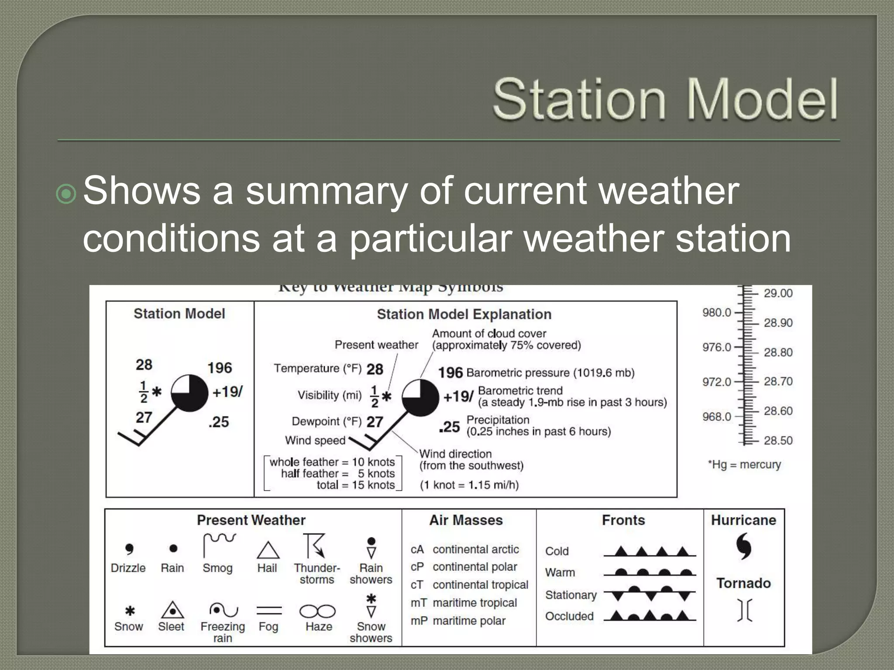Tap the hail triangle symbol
(x=268, y=550)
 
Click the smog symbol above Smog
(x=219, y=544)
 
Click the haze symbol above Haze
(x=317, y=611)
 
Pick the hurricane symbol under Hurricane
(x=744, y=546)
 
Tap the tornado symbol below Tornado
(x=745, y=609)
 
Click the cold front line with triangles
(x=650, y=552)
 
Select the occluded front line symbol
(x=650, y=616)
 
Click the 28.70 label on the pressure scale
(x=778, y=382)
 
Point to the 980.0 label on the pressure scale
(x=716, y=312)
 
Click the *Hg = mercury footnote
(x=744, y=465)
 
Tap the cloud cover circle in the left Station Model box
(x=189, y=393)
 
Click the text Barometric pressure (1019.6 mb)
(x=550, y=373)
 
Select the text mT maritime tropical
(x=464, y=603)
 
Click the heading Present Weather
(x=251, y=520)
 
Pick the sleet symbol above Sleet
(x=172, y=610)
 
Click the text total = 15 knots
(x=355, y=485)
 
